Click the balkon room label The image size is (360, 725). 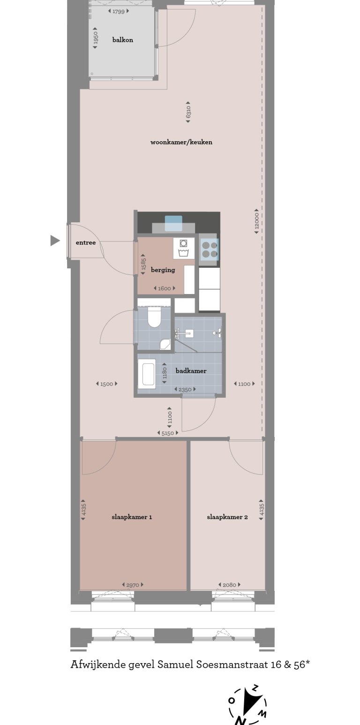[122, 40]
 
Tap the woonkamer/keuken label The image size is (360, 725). [181, 142]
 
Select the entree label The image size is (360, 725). [86, 242]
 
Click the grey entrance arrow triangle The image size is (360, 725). [55, 241]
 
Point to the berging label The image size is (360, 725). [163, 270]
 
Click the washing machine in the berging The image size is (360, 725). [184, 248]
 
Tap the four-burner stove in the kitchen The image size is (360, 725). [209, 249]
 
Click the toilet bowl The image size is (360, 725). [154, 317]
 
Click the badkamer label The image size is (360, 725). [191, 370]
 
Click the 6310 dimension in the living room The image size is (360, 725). [188, 112]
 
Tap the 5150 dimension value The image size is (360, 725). [168, 434]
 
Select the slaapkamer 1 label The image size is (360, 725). [132, 517]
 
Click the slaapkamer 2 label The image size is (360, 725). [227, 517]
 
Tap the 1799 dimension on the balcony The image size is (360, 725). [119, 11]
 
